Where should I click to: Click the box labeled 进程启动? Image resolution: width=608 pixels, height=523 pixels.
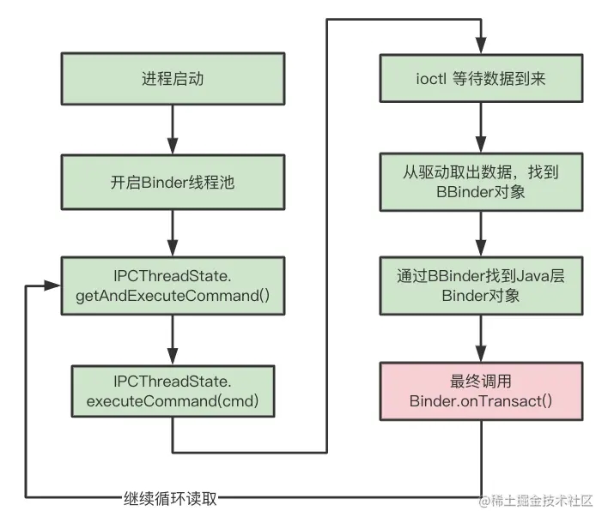point(173,81)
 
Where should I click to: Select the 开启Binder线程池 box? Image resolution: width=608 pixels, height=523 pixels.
point(173,182)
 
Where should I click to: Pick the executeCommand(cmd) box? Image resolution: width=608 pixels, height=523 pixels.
point(173,391)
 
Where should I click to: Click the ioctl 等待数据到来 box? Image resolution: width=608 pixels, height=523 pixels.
point(481,81)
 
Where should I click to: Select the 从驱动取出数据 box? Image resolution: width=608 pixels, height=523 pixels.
point(481,182)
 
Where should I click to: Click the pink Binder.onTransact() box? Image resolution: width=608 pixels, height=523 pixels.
point(481,391)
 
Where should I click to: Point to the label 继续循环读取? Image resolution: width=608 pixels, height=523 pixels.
point(169,498)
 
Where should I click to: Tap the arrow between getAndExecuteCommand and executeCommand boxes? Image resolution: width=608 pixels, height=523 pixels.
point(173,340)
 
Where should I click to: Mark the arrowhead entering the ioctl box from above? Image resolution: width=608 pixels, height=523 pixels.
point(481,47)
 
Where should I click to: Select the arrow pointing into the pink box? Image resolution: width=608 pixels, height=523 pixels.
point(481,340)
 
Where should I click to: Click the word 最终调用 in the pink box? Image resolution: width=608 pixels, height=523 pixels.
point(481,382)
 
